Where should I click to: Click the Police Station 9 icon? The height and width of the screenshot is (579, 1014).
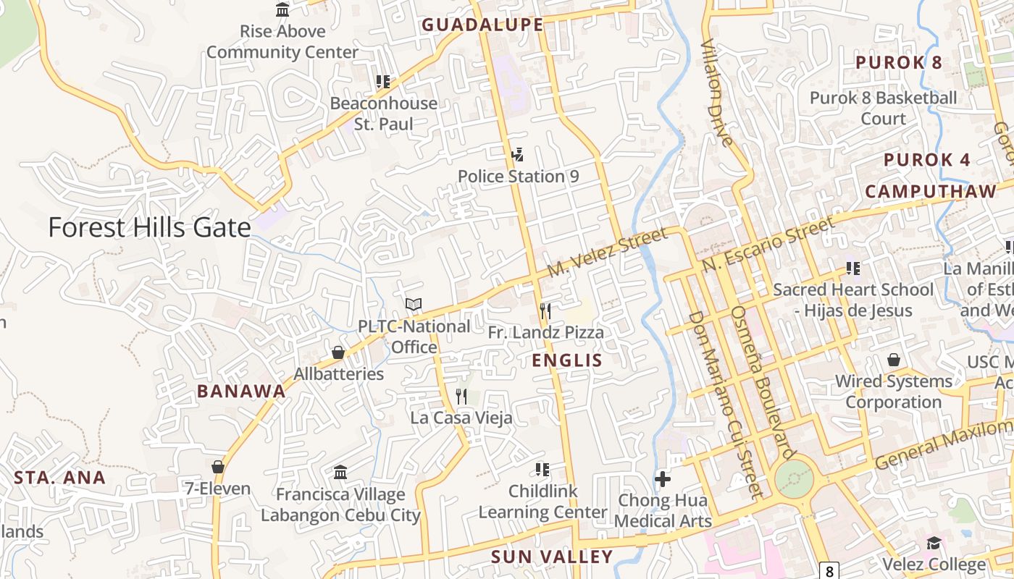point(517,154)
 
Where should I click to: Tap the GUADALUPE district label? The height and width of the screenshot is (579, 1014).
point(482,25)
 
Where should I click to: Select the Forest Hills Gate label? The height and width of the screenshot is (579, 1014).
point(149,227)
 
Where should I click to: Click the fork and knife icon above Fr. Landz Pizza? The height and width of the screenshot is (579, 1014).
point(545,311)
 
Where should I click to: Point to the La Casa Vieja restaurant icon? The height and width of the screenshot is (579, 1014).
point(461,397)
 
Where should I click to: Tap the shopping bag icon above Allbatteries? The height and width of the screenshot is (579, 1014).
point(338,352)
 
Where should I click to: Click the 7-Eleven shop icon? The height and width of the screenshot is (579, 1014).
point(217,467)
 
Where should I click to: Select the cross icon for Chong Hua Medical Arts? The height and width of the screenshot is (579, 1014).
point(663,478)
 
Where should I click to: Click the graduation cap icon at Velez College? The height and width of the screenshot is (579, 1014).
point(934,543)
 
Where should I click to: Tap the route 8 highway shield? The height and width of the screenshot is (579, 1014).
point(829,570)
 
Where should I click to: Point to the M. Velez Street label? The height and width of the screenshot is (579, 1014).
point(607,252)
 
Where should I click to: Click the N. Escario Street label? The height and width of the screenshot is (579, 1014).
point(768,244)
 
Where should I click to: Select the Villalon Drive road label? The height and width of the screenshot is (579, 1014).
point(717,92)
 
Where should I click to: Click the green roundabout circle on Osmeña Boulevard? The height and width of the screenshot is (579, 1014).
point(795,479)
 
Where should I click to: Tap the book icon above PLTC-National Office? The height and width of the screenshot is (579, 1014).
point(413,305)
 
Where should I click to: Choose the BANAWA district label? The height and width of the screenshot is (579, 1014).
point(241,392)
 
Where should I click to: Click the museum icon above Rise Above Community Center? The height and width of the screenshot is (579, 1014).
point(282,10)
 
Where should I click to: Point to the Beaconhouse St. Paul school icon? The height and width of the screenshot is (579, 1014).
point(383,82)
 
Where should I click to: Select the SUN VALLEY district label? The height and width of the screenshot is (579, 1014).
point(552,557)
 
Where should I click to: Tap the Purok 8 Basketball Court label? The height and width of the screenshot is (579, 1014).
point(883,108)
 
